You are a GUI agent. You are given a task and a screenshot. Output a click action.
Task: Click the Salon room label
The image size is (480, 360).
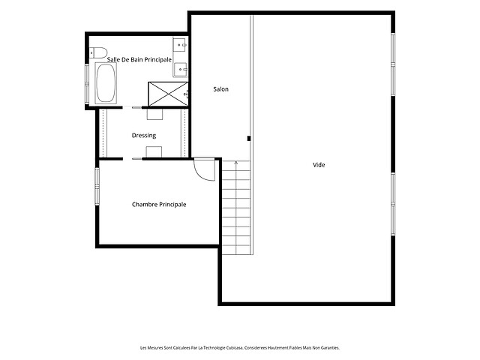(x=220, y=89)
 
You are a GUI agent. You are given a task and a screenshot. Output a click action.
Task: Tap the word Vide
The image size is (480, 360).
(x=319, y=165)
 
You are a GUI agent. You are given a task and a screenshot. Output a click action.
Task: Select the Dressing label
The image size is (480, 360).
(x=144, y=135)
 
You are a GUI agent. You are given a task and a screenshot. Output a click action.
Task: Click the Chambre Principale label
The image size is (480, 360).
(x=159, y=205)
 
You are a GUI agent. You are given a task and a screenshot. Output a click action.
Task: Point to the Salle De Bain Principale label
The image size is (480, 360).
(x=139, y=60)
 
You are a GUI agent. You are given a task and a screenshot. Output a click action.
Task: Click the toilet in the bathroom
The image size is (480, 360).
(x=98, y=52)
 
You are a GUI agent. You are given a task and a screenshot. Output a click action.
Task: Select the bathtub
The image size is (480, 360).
(x=106, y=83)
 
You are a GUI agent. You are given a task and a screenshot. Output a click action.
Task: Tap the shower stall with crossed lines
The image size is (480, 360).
(x=168, y=94)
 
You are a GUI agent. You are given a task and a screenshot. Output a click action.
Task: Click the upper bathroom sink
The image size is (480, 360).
(x=180, y=45)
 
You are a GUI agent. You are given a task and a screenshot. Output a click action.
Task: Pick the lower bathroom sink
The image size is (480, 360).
(x=180, y=70)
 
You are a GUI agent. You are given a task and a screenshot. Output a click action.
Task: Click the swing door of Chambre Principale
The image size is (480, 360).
(x=205, y=169)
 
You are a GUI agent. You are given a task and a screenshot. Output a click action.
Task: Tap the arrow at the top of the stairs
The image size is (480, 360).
(x=236, y=163)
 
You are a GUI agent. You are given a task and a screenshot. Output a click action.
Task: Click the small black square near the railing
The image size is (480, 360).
(x=249, y=139)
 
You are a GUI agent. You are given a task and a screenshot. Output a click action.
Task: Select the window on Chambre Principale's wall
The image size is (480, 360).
(x=97, y=186)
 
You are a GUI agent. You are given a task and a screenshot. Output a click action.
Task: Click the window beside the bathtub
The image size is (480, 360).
(x=87, y=83)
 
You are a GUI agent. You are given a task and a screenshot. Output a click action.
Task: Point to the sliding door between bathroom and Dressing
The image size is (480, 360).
(x=132, y=107)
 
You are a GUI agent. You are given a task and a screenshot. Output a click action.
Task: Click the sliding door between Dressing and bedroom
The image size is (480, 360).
(x=133, y=159)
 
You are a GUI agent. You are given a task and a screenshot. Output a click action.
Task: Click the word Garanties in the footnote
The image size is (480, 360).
(x=331, y=348)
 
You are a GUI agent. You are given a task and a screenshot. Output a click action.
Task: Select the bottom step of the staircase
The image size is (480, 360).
(x=236, y=250)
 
